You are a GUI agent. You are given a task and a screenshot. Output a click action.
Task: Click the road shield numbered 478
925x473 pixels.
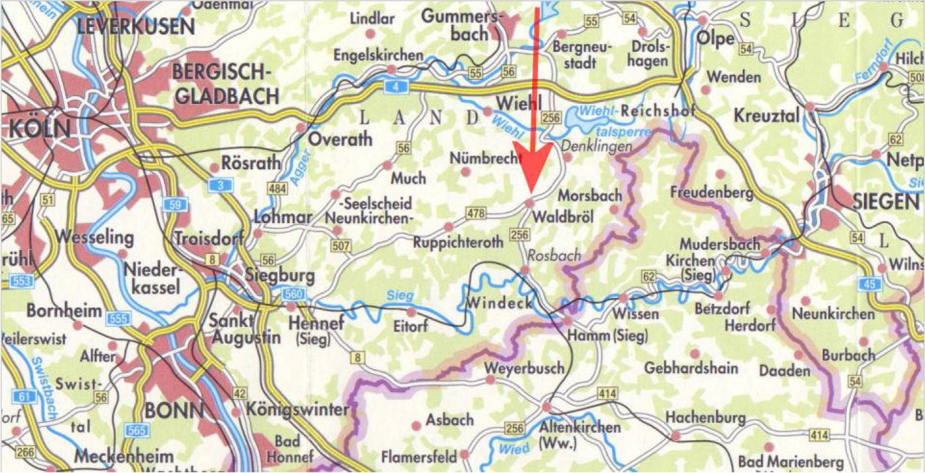(x=476, y=214)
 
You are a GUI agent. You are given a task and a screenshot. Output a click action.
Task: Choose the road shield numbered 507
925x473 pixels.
(x=340, y=245)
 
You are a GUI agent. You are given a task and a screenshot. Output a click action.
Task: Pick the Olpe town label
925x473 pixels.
(x=716, y=38)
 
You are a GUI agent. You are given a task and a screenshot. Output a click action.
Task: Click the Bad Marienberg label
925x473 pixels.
(x=790, y=462)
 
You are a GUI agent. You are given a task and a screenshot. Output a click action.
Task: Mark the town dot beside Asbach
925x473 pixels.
(x=416, y=425)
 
